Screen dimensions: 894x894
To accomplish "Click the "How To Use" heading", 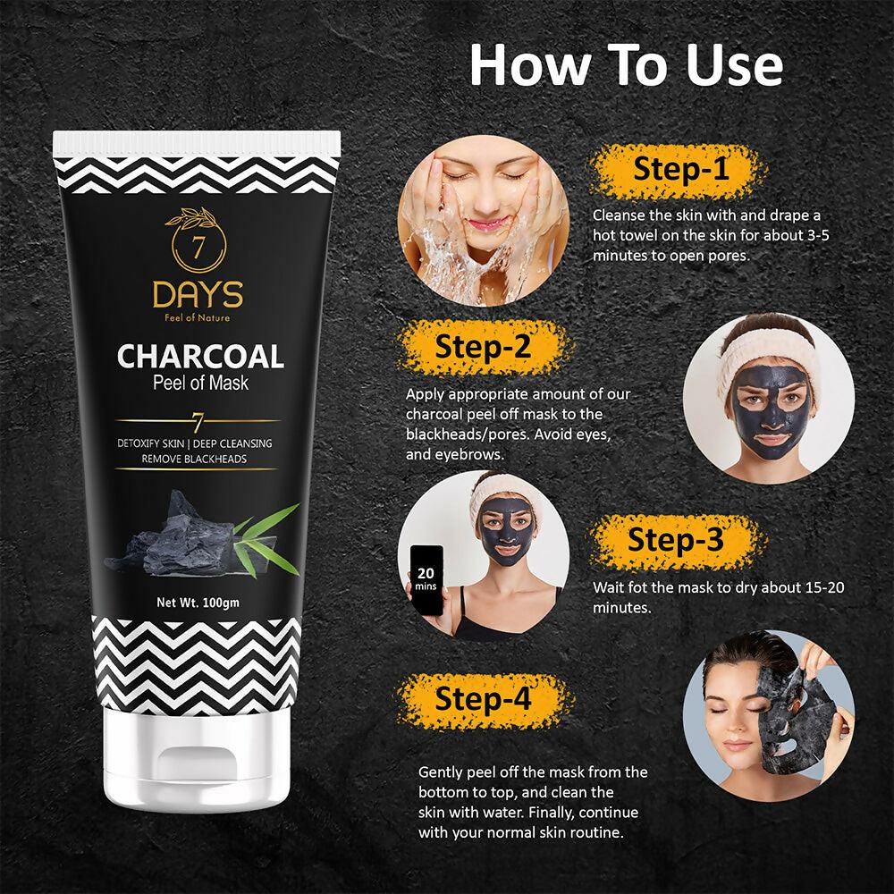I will tap(626, 65).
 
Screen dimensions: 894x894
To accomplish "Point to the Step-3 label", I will tap(675, 541).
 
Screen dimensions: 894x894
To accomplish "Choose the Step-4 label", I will tap(483, 698).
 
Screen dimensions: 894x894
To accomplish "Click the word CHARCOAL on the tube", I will tap(200, 356).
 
